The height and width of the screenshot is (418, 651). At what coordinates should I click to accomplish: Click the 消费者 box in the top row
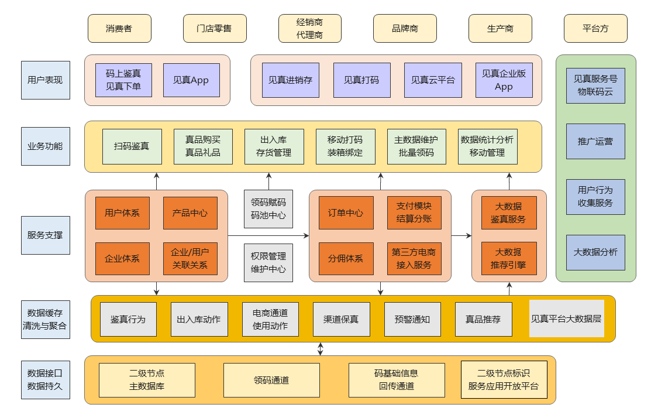click(x=119, y=29)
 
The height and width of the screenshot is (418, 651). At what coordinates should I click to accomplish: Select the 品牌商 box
click(x=405, y=29)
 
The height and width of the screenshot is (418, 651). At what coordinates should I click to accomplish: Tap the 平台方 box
click(x=595, y=29)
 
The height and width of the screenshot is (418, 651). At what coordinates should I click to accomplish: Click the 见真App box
click(x=191, y=80)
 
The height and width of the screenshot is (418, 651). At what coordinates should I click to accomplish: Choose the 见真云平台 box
click(x=433, y=80)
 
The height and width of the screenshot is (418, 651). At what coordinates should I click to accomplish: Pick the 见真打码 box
click(x=361, y=80)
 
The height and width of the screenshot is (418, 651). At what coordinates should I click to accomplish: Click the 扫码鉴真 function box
click(x=132, y=146)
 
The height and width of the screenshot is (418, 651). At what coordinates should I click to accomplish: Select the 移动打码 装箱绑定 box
click(x=345, y=146)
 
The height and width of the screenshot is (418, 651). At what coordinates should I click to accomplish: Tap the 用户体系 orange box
click(x=122, y=213)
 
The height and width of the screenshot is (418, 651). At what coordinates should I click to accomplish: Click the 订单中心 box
click(x=346, y=213)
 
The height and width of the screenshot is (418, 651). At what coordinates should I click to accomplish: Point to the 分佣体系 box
click(x=346, y=259)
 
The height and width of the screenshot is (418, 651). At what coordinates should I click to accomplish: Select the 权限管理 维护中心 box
click(x=268, y=263)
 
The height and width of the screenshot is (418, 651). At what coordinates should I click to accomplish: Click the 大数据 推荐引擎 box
click(x=508, y=259)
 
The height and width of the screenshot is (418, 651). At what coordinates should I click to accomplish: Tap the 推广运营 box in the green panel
click(x=595, y=141)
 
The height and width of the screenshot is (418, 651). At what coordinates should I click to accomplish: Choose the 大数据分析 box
click(x=595, y=252)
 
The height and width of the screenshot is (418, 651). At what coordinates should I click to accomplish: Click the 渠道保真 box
click(x=342, y=320)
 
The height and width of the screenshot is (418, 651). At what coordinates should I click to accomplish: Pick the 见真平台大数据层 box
click(x=566, y=319)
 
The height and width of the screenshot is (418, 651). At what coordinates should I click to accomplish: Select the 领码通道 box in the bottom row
click(x=271, y=380)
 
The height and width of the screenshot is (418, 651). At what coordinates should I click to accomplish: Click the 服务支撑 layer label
click(x=45, y=235)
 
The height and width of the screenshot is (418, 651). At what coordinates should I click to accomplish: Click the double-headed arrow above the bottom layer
click(x=320, y=349)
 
